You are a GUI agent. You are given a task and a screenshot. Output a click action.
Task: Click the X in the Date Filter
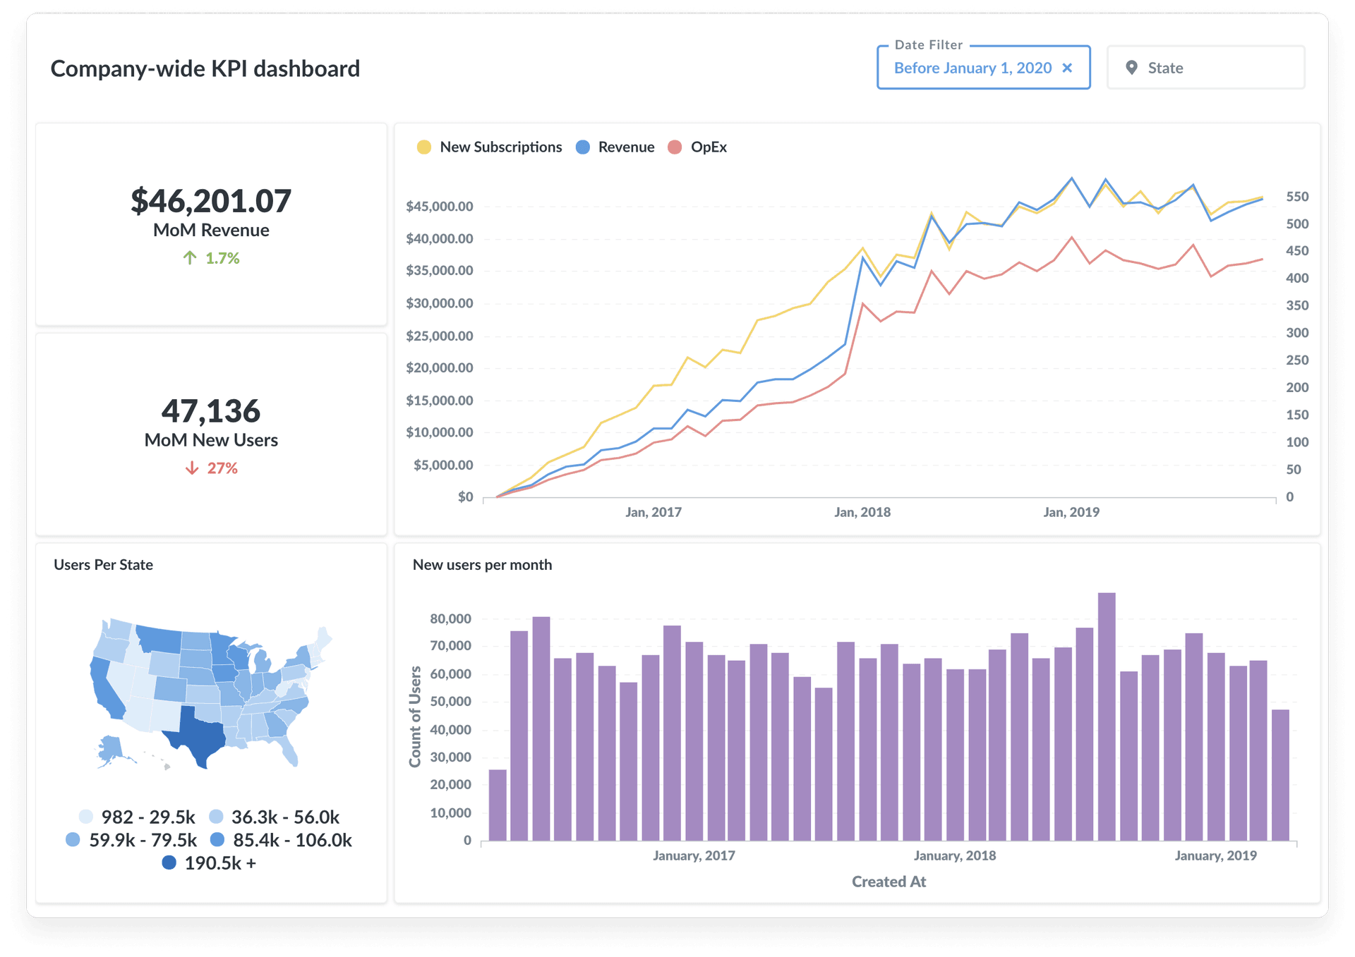pos(1067,68)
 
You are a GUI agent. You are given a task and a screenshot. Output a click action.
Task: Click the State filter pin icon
pos(1131,68)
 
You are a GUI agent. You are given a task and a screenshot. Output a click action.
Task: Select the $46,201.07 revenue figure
pos(210,201)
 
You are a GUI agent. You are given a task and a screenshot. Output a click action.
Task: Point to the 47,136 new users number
pos(210,411)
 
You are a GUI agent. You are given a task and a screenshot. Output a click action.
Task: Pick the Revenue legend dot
pos(583,147)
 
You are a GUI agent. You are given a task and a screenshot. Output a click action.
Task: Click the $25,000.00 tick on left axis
pos(439,336)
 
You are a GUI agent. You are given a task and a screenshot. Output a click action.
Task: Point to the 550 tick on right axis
pos(1297,197)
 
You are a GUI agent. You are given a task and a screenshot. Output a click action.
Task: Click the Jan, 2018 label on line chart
pos(862,512)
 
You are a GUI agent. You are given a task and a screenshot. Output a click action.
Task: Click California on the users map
pos(106,691)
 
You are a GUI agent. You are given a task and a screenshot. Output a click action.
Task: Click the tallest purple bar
pos(1107,716)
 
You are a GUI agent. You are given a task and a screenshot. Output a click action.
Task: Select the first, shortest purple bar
pos(498,805)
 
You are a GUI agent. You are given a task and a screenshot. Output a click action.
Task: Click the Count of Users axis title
pos(415,716)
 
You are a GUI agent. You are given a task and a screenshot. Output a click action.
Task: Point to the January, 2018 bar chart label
pos(954,855)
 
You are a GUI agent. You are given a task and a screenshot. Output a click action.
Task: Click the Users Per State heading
pos(103,565)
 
